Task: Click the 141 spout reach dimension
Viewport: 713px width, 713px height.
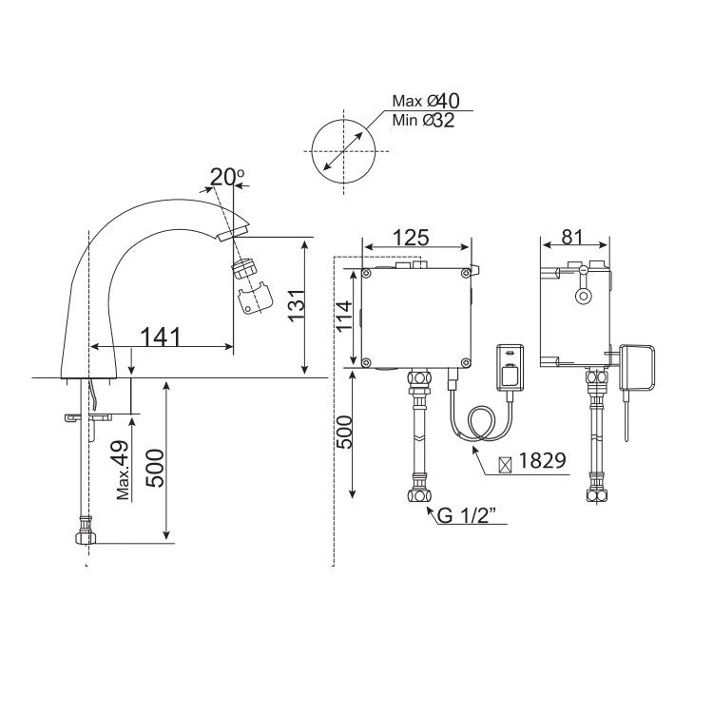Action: point(161,337)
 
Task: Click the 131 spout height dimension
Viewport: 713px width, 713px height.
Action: point(298,305)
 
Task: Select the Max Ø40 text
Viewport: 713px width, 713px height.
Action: point(426,101)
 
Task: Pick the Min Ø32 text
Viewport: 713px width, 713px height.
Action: point(423,120)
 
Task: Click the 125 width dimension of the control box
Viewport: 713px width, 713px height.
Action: point(411,238)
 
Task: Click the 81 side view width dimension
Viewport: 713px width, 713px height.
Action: point(571,237)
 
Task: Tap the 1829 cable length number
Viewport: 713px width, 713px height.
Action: point(542,460)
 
